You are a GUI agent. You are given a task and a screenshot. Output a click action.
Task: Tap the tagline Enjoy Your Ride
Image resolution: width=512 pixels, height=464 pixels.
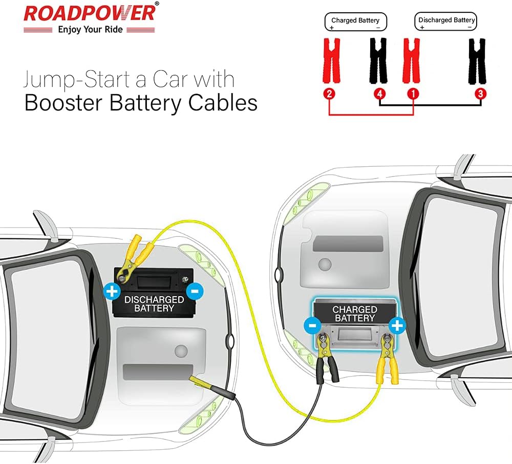point(90,30)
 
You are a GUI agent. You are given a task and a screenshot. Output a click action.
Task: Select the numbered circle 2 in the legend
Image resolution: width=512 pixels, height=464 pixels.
point(330,94)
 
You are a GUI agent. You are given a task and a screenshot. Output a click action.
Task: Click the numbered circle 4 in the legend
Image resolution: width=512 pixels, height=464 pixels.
point(379,94)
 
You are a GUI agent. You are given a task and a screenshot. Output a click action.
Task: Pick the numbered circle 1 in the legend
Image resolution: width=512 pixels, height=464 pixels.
point(413,94)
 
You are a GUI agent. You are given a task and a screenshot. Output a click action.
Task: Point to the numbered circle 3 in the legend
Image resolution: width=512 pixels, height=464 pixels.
point(480,94)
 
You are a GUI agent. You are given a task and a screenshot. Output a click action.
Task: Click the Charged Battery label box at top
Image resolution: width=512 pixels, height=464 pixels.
point(355,21)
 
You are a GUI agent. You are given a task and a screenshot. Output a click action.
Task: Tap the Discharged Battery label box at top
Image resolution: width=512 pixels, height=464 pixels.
point(446,21)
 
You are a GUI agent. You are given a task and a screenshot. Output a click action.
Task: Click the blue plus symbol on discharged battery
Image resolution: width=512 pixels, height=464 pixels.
point(111,292)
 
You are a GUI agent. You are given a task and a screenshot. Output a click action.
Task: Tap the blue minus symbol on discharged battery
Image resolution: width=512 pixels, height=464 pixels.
point(195,292)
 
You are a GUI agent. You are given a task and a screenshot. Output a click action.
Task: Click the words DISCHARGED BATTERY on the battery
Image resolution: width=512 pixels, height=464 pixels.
point(154,303)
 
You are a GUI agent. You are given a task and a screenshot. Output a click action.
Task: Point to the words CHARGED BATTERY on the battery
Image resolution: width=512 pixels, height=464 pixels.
point(354,314)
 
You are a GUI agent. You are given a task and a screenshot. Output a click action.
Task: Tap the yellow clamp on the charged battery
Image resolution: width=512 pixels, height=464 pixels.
point(387,361)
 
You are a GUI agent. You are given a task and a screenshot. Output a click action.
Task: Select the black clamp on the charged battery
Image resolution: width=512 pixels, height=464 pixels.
point(326,361)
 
